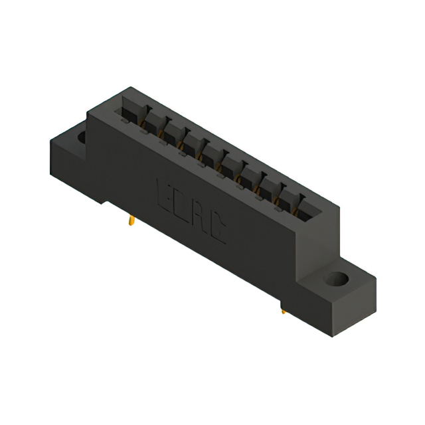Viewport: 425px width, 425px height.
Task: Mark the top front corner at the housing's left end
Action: coord(88,114)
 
